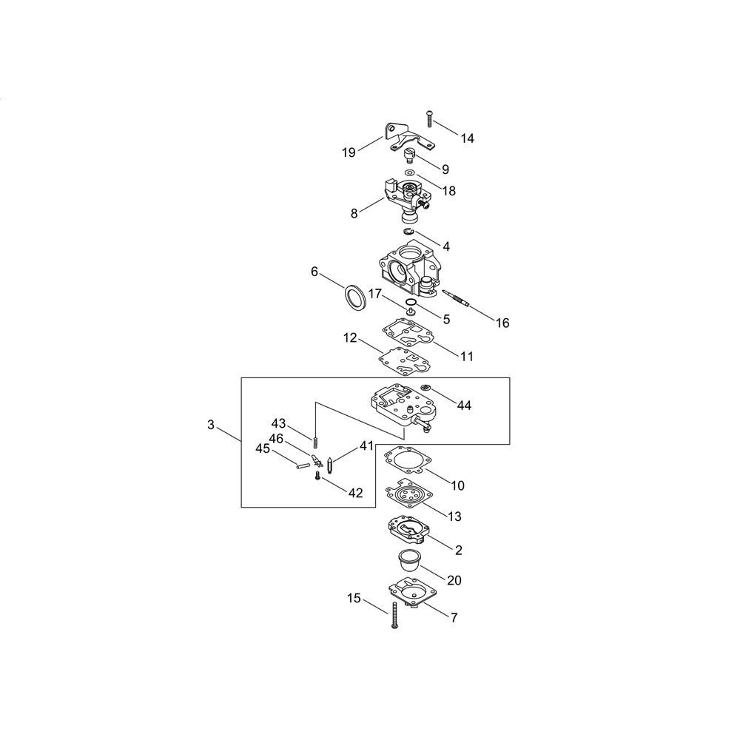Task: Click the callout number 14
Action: click(467, 138)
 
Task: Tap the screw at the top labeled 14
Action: click(429, 118)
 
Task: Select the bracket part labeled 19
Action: click(408, 138)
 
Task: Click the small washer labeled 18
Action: click(411, 172)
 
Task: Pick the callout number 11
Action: click(467, 356)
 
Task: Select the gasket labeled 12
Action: click(403, 360)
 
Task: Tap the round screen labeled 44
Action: click(425, 388)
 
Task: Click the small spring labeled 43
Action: click(314, 443)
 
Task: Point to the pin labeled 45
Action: click(302, 465)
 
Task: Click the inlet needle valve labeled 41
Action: click(329, 465)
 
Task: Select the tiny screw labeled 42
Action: click(317, 477)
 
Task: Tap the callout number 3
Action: click(211, 425)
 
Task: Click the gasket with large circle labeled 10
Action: click(408, 460)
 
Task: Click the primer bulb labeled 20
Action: click(408, 560)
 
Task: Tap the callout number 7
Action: click(454, 617)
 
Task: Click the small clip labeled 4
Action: click(408, 231)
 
